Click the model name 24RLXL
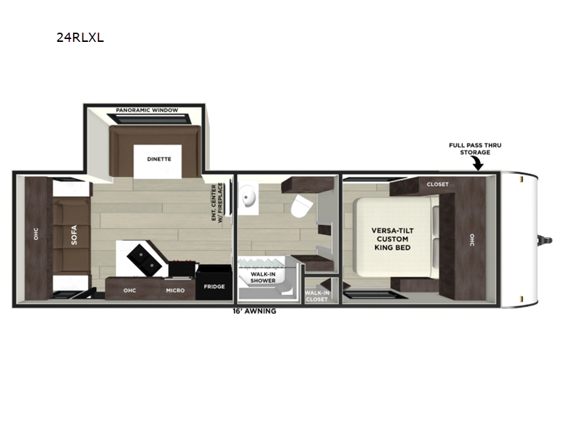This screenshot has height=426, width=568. pyautogui.click(x=80, y=38)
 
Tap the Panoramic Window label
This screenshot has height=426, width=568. pyautogui.click(x=147, y=111)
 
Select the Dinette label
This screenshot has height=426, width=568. pyautogui.click(x=159, y=159)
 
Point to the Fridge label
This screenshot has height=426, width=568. pyautogui.click(x=214, y=287)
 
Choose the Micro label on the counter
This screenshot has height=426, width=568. pyautogui.click(x=175, y=290)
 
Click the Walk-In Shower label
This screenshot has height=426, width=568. pyautogui.click(x=263, y=277)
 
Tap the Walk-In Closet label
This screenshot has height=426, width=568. pyautogui.click(x=317, y=296)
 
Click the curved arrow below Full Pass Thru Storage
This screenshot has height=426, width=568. pyautogui.click(x=477, y=165)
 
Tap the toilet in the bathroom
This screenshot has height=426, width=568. pyautogui.click(x=301, y=207)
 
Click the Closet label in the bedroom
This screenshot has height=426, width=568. pyautogui.click(x=437, y=184)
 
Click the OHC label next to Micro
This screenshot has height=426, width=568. pyautogui.click(x=129, y=290)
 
